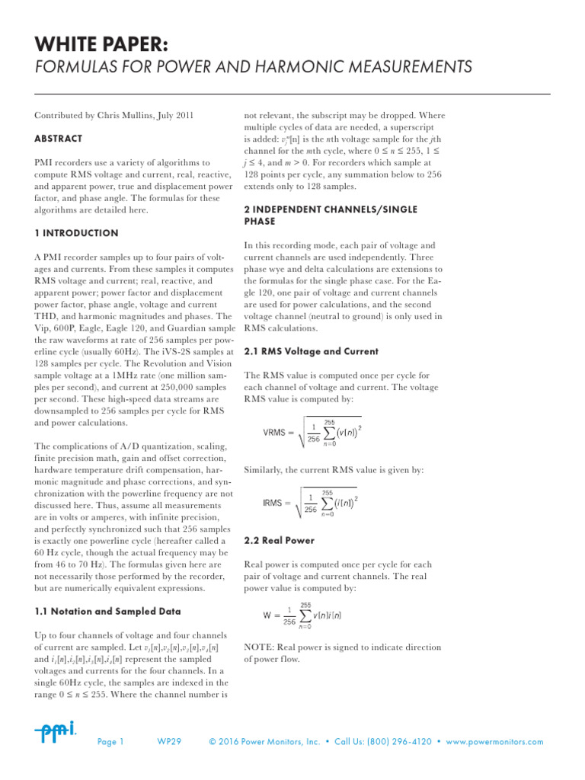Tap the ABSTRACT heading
59,139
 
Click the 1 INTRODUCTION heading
76,233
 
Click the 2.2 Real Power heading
279,540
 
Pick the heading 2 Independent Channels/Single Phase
330,215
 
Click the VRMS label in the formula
277,433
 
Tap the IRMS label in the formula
277,503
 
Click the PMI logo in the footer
55,732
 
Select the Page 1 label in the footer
111,742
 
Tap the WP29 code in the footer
169,742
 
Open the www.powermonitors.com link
495,742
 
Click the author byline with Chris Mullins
114,116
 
